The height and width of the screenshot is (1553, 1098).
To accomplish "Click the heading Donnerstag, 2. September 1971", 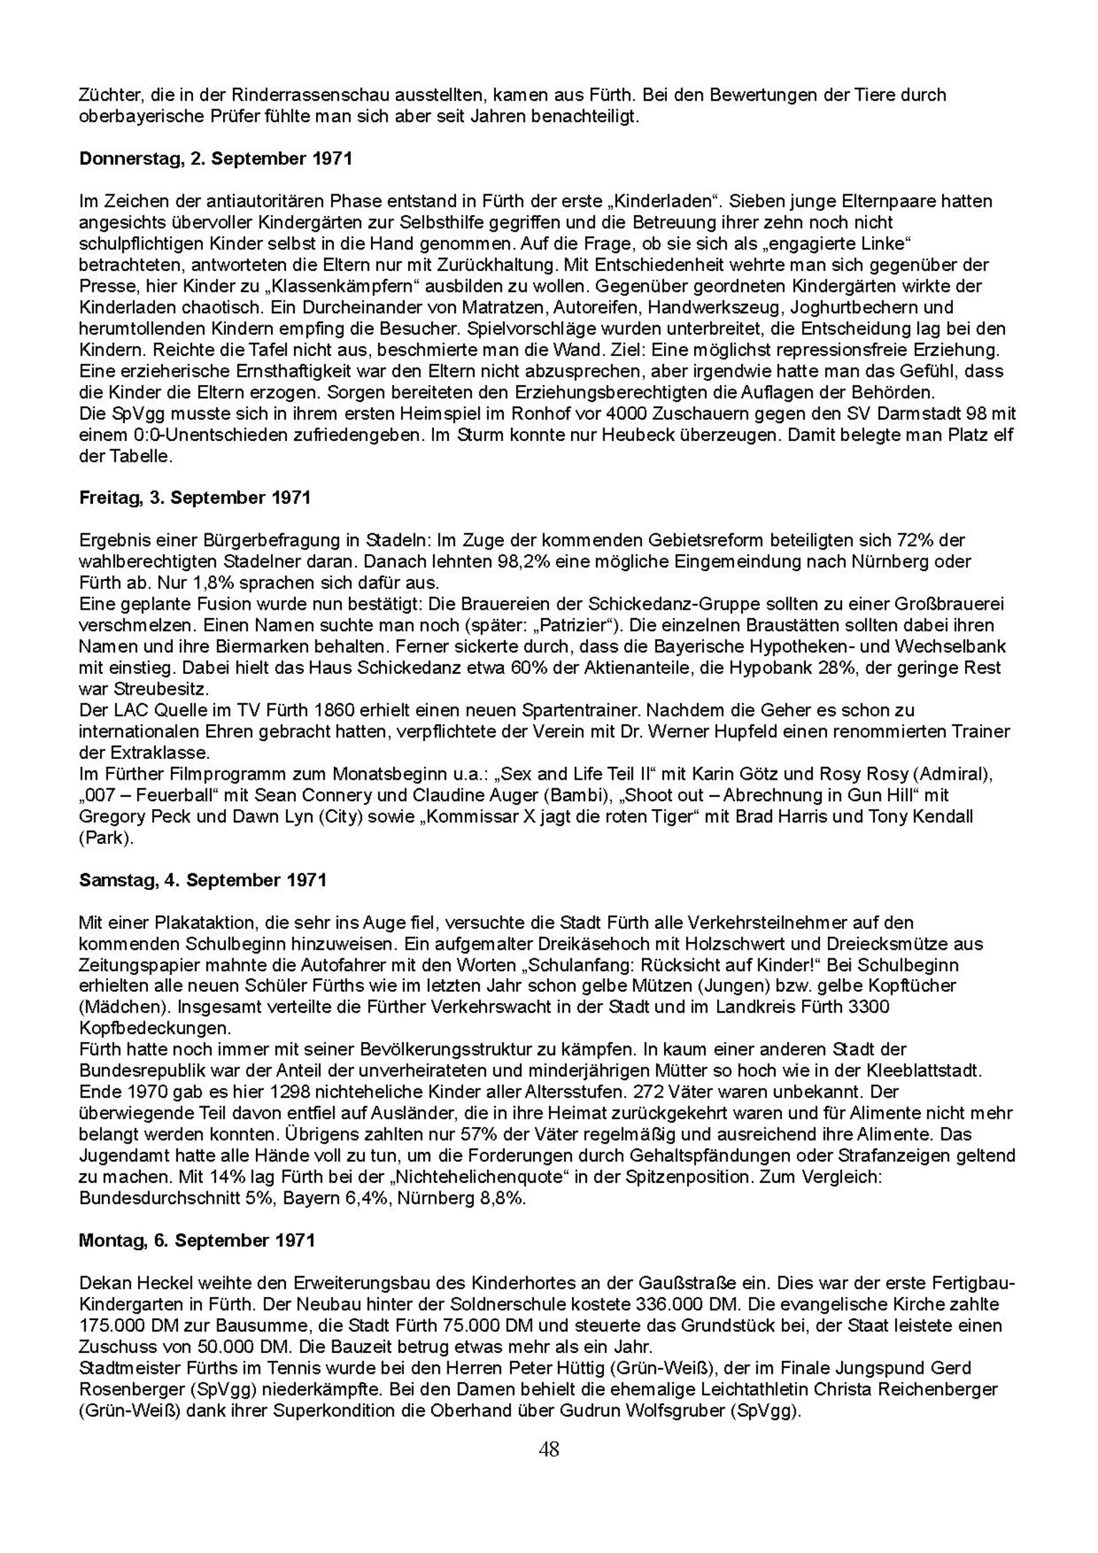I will [215, 159].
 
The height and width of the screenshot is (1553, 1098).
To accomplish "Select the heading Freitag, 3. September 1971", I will [194, 497].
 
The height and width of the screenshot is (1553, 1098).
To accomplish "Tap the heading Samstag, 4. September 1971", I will [202, 880].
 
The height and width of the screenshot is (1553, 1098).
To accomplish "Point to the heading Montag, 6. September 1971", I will [197, 1240].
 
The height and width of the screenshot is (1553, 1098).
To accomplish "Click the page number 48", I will [549, 1449].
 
